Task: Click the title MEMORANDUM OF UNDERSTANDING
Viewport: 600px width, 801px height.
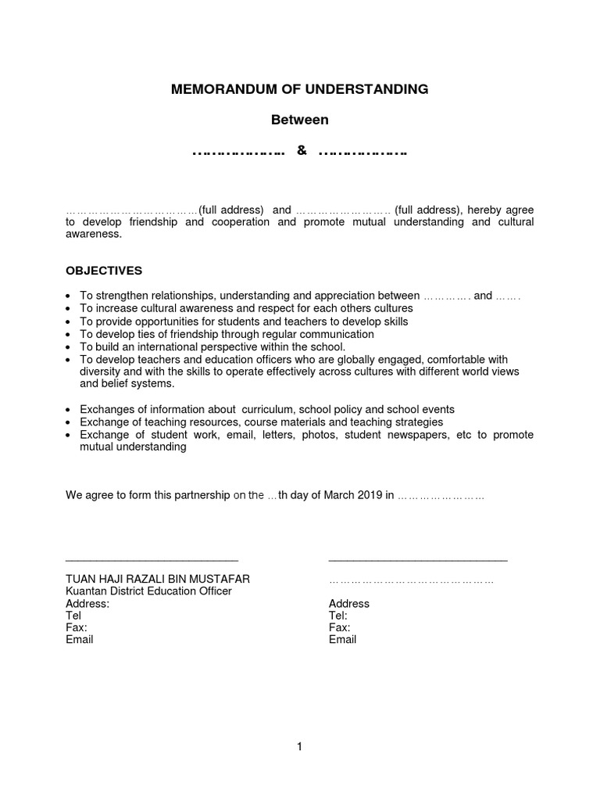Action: [x=300, y=89]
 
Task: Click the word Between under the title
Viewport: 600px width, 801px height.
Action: [x=300, y=120]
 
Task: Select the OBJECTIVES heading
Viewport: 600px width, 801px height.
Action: [x=104, y=271]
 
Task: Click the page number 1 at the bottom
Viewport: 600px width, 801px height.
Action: [x=299, y=747]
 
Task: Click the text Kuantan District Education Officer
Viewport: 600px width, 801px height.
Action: [x=148, y=591]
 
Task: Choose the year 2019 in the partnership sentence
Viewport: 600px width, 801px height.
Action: [x=367, y=495]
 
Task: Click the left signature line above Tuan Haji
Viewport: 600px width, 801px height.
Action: [x=152, y=560]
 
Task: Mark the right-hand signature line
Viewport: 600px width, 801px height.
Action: [x=418, y=560]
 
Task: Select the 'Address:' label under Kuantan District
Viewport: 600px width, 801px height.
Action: [x=87, y=604]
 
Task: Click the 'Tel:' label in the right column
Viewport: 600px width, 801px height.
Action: [x=338, y=616]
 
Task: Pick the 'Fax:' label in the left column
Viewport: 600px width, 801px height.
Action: [x=77, y=627]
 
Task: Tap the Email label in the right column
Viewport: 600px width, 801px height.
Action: [x=342, y=639]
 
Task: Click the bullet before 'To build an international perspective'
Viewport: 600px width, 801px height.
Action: [x=70, y=347]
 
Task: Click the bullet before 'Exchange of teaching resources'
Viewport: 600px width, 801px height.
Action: [x=70, y=422]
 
